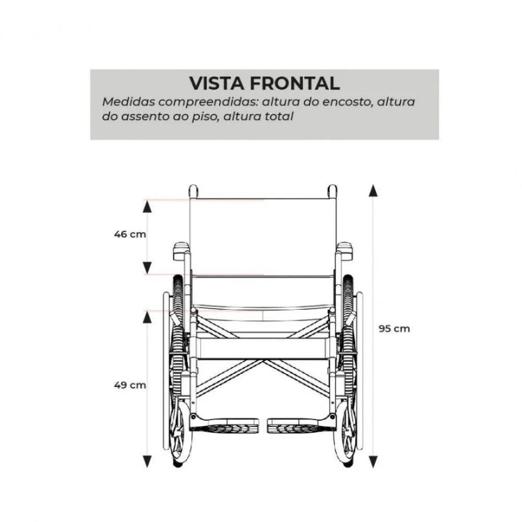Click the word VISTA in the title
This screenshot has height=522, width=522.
(217, 83)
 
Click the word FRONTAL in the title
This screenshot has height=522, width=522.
(294, 83)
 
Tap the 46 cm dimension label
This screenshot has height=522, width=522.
(130, 234)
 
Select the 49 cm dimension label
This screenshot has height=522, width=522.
(130, 385)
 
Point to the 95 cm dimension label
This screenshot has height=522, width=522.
(394, 329)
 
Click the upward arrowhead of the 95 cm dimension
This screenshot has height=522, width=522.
(373, 190)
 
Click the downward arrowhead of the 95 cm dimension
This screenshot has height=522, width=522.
(373, 462)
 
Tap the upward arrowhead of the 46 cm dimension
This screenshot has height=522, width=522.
(147, 207)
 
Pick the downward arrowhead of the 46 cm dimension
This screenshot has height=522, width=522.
(147, 268)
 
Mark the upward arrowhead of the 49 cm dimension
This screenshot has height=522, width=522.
(147, 317)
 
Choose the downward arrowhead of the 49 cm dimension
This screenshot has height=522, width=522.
(147, 462)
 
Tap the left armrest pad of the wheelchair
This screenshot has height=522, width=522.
(181, 251)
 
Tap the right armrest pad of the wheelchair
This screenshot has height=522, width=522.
(345, 251)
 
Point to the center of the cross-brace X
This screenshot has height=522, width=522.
(263, 360)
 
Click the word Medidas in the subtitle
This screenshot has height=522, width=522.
(128, 102)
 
